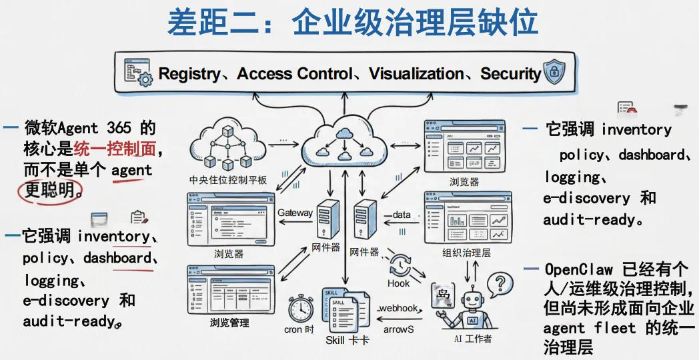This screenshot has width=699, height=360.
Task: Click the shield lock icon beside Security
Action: [554, 73]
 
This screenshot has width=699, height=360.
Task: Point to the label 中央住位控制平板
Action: [228, 179]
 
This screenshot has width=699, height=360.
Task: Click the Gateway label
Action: [295, 213]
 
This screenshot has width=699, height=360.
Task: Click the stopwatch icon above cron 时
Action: [301, 309]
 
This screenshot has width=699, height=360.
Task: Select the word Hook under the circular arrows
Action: [398, 283]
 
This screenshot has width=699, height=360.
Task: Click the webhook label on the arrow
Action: [398, 308]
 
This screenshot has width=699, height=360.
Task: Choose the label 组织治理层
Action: [466, 253]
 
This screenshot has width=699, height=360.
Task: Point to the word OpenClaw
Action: [579, 270]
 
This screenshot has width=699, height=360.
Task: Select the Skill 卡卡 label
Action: [347, 341]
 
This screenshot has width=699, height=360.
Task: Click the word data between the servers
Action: [402, 215]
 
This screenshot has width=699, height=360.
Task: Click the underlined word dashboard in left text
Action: [117, 258]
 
